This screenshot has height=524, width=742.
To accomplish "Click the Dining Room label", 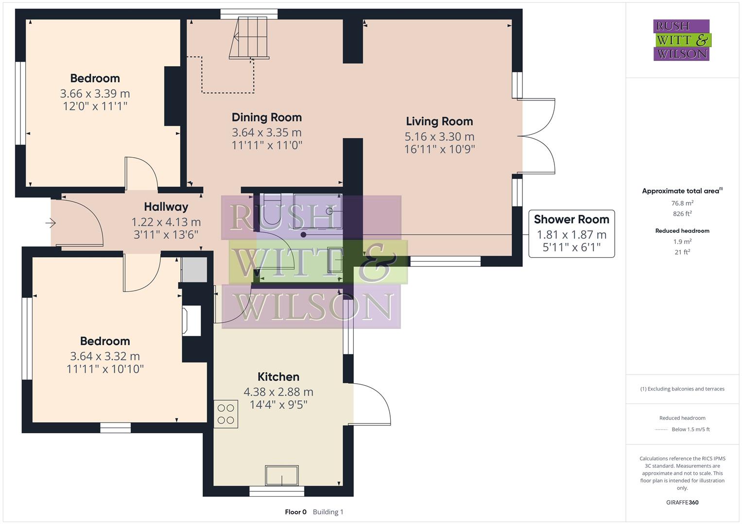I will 266,117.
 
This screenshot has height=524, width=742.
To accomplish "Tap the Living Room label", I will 439,121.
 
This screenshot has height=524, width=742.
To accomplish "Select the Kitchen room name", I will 278,377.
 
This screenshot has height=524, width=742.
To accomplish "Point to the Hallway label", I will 166,207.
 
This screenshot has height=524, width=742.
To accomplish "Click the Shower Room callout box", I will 571,233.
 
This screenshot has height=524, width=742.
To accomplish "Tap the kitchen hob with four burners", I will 226,414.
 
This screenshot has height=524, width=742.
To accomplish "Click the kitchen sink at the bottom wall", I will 282,475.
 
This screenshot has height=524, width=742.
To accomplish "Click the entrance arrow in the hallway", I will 51,223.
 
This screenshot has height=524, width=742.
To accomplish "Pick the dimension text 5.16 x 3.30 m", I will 439,137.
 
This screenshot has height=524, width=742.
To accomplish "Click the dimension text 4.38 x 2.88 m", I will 278,392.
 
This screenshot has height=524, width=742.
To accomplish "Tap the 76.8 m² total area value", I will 682,203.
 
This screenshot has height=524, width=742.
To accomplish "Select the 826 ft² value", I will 682,213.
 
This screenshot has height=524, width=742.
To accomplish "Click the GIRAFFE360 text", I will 682,502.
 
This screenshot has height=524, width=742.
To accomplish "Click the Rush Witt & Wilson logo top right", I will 681,40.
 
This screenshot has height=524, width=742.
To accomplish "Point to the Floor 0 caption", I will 295,512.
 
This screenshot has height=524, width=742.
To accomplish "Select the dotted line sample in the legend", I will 661,429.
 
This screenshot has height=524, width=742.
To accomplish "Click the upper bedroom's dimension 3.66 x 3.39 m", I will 95,94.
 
